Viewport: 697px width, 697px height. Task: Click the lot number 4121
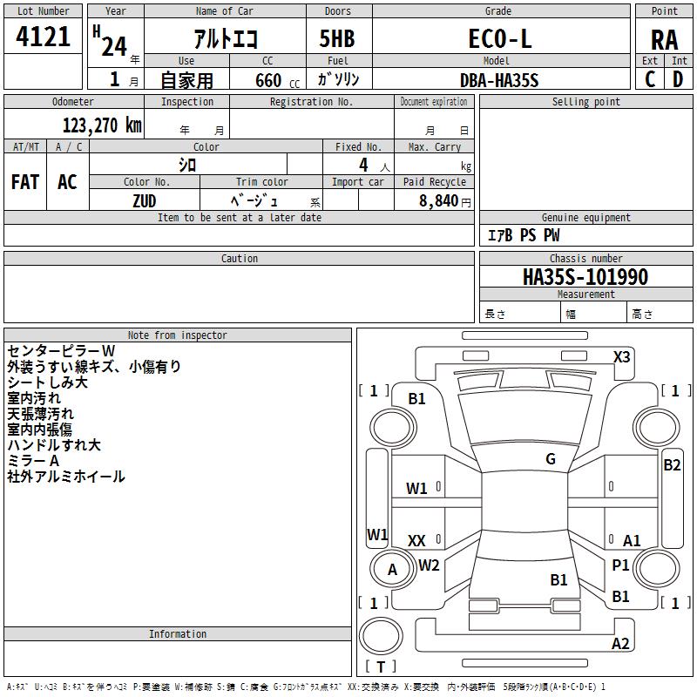pos(43,37)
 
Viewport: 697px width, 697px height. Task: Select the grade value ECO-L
pos(500,38)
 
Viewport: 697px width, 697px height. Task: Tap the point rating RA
pos(665,40)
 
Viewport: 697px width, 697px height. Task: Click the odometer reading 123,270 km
pos(102,125)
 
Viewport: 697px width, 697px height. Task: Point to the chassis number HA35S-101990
pos(585,277)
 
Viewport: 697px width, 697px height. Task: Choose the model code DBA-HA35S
pos(499,80)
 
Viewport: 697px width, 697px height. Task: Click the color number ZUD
pos(145,201)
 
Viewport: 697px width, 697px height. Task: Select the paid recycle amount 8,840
pos(439,201)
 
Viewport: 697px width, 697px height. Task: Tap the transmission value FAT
pos(25,182)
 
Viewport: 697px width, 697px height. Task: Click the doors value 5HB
pos(337,38)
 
